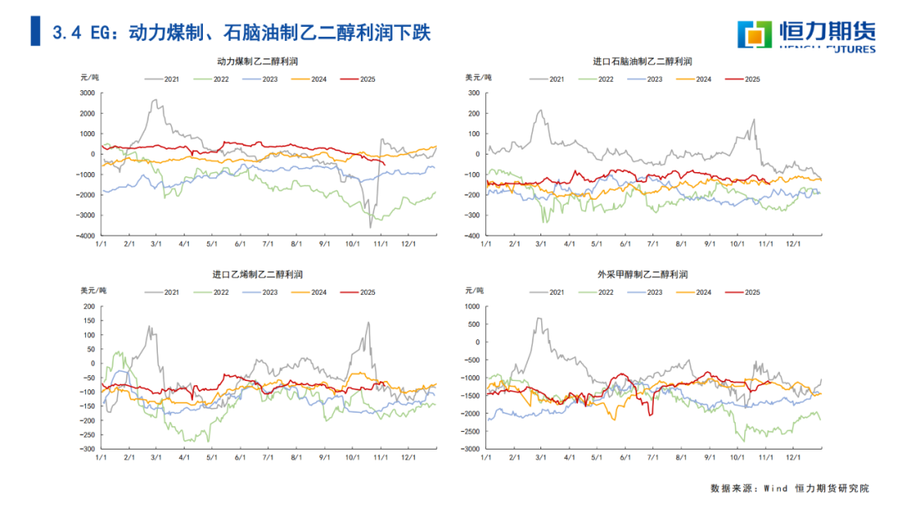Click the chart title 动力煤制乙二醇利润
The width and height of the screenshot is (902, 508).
tap(257, 61)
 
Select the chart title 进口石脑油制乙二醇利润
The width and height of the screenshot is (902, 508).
tap(642, 61)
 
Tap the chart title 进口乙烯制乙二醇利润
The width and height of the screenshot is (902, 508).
tap(257, 274)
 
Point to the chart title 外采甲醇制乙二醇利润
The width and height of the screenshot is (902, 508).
tap(642, 274)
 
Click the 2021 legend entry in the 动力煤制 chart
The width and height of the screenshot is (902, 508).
tap(163, 79)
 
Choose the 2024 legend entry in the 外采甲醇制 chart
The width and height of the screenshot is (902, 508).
tap(693, 292)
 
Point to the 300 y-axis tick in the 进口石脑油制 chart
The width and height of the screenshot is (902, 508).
tap(473, 93)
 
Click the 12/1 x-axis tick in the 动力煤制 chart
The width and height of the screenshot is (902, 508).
tap(408, 245)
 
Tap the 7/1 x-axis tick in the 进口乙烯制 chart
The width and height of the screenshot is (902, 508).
tap(268, 458)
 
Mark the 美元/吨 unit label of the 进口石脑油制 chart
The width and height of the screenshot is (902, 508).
tap(479, 77)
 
